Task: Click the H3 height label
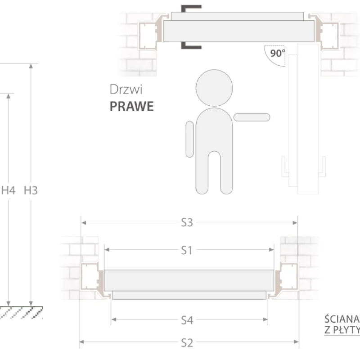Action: click(31, 190)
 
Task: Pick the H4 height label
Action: click(8, 190)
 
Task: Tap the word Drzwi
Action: click(126, 90)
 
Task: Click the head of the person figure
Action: click(214, 88)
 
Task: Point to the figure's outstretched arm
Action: click(252, 117)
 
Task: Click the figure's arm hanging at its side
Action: click(189, 139)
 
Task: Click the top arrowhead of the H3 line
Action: click(31, 66)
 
